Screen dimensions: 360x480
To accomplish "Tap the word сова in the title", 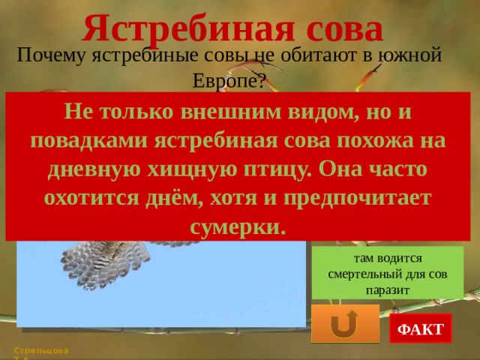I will (341, 28).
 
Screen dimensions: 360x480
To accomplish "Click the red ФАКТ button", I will (421, 329).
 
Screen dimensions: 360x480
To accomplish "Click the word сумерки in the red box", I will (238, 226).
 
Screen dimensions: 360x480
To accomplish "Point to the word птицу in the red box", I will (277, 169).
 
